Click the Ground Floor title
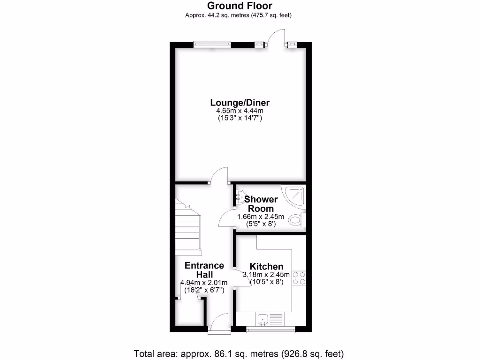point(240,6)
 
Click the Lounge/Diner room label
point(240,103)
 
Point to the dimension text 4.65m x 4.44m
point(240,111)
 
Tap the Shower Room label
point(261,204)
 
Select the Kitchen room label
point(266,266)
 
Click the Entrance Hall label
point(204,270)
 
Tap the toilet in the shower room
point(296,219)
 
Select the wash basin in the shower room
point(240,197)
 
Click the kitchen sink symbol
point(263,319)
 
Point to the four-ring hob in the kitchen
point(299,278)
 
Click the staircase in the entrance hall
point(187,227)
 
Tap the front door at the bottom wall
point(219,323)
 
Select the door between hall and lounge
point(218,177)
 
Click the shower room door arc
point(227,218)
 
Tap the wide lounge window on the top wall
point(212,45)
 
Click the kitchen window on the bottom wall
point(271,330)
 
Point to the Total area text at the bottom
point(240,353)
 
